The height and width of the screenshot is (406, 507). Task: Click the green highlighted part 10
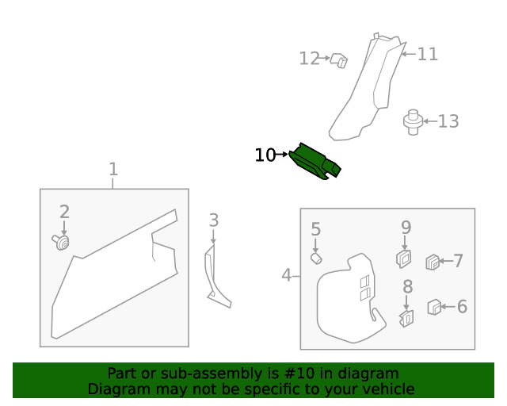click(314, 161)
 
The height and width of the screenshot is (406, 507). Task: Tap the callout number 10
click(265, 155)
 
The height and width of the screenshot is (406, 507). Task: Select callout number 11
click(428, 54)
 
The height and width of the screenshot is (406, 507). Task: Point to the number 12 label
click(309, 59)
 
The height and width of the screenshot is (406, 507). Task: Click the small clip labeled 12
click(339, 60)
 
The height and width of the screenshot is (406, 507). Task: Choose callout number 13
click(448, 121)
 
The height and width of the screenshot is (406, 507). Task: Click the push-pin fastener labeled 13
click(413, 121)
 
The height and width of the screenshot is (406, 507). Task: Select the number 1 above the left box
click(113, 169)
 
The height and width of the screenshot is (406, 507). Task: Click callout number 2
click(64, 212)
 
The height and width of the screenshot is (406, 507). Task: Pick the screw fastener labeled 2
click(61, 242)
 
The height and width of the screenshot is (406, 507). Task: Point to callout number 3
click(213, 220)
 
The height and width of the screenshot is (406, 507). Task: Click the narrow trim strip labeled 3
click(215, 278)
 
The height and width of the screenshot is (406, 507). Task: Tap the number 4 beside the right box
click(286, 276)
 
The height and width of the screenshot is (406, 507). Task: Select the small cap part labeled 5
click(315, 258)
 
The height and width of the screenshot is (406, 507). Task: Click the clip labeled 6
click(434, 307)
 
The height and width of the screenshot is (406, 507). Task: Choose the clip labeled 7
click(433, 260)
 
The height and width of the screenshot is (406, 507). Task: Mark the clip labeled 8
click(406, 318)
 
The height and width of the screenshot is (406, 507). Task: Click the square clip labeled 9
click(404, 258)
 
